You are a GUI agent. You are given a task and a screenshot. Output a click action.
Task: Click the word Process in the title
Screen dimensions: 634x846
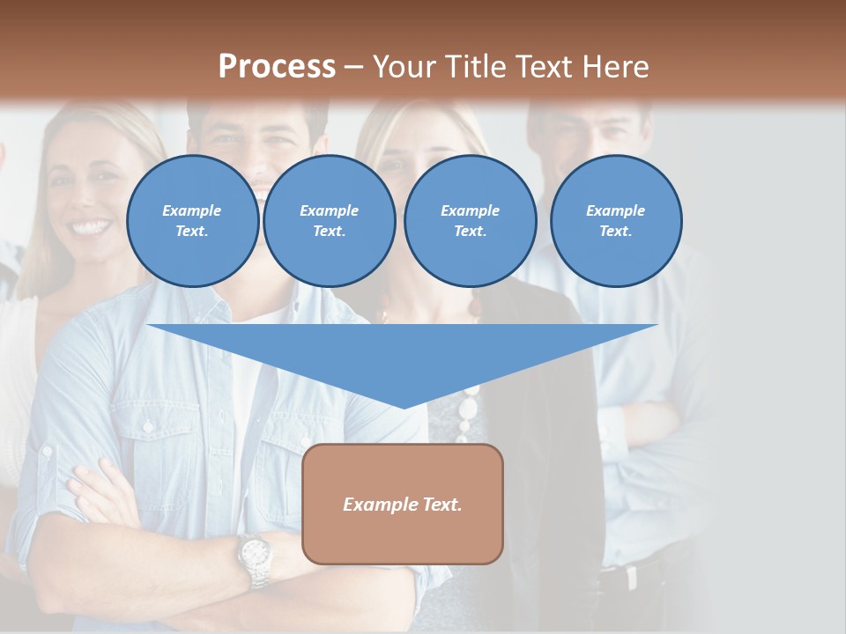(x=277, y=66)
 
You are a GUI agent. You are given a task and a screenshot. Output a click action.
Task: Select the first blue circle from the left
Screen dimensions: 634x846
(x=193, y=221)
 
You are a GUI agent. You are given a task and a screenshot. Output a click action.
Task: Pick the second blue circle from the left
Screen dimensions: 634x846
(x=330, y=221)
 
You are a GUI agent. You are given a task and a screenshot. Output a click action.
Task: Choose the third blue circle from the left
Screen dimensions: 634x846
(x=471, y=221)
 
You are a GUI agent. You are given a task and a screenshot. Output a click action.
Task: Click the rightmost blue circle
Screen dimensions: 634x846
(x=616, y=221)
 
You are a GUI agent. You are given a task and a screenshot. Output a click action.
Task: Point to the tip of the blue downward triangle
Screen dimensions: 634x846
(x=404, y=407)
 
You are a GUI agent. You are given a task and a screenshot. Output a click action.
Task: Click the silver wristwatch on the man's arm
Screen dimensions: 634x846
(x=255, y=555)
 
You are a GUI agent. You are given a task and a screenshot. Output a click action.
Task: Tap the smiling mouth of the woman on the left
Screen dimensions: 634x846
(x=91, y=227)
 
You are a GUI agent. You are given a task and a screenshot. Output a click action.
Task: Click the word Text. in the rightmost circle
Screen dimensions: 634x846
(x=616, y=232)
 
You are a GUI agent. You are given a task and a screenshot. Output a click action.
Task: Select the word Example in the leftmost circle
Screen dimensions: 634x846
(x=192, y=210)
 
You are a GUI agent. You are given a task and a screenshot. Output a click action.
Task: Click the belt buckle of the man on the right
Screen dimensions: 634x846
(x=630, y=577)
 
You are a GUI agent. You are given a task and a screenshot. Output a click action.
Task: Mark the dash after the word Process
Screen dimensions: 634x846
(x=353, y=67)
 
